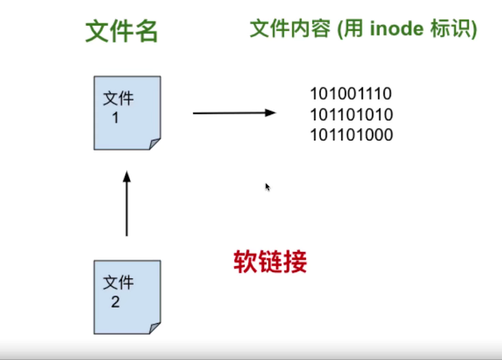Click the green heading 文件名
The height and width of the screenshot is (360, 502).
pyautogui.click(x=122, y=30)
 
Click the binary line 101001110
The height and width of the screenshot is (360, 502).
pyautogui.click(x=351, y=95)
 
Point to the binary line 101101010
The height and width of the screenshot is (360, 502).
pyautogui.click(x=351, y=115)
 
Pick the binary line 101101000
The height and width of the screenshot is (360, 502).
pyautogui.click(x=351, y=135)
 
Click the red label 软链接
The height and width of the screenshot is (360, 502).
pyautogui.click(x=270, y=262)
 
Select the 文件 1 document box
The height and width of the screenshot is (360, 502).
pyautogui.click(x=127, y=113)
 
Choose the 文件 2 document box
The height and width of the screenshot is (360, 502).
pyautogui.click(x=127, y=297)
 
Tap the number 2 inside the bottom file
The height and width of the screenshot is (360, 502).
pyautogui.click(x=115, y=302)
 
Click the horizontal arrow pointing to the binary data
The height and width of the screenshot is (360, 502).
pyautogui.click(x=233, y=113)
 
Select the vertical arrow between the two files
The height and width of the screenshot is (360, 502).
pyautogui.click(x=127, y=204)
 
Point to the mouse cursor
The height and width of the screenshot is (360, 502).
pyautogui.click(x=267, y=186)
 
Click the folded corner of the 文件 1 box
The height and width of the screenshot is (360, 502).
pyautogui.click(x=154, y=144)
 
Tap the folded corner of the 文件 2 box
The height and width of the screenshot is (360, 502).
pyautogui.click(x=154, y=328)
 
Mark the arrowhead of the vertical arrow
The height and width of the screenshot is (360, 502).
pyautogui.click(x=127, y=175)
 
